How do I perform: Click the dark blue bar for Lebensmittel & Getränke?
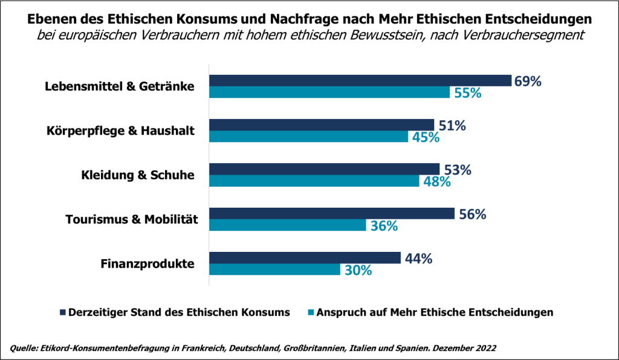point(360,81)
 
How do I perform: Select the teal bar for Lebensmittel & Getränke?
point(329,92)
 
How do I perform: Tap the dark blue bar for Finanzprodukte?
point(305,258)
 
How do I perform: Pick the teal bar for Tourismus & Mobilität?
point(288,225)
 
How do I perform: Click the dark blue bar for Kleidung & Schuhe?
point(324,169)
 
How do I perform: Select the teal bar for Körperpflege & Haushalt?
point(308,137)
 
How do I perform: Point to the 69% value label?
point(527,81)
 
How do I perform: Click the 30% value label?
point(358,270)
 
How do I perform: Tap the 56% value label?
point(472,214)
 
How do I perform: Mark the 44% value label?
point(418,259)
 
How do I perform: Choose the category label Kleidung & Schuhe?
point(138,175)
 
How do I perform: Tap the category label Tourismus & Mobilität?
point(132,219)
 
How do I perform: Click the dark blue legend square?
point(62,312)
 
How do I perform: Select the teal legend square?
point(312,312)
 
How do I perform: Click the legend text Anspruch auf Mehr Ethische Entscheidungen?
point(436,312)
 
